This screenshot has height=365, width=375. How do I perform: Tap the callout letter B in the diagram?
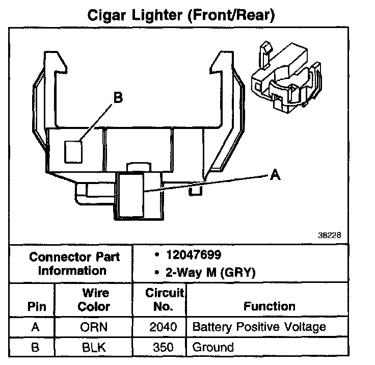118,97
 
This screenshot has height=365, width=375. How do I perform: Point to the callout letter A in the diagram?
275,175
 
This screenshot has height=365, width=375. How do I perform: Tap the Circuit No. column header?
164,300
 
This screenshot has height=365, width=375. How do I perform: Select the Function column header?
269,306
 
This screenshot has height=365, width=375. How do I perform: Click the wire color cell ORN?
94,327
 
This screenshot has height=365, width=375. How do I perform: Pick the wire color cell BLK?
94,348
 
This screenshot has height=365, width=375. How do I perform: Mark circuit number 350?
165,348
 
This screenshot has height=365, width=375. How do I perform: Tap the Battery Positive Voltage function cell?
259,327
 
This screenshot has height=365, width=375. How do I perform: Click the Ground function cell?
213,348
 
